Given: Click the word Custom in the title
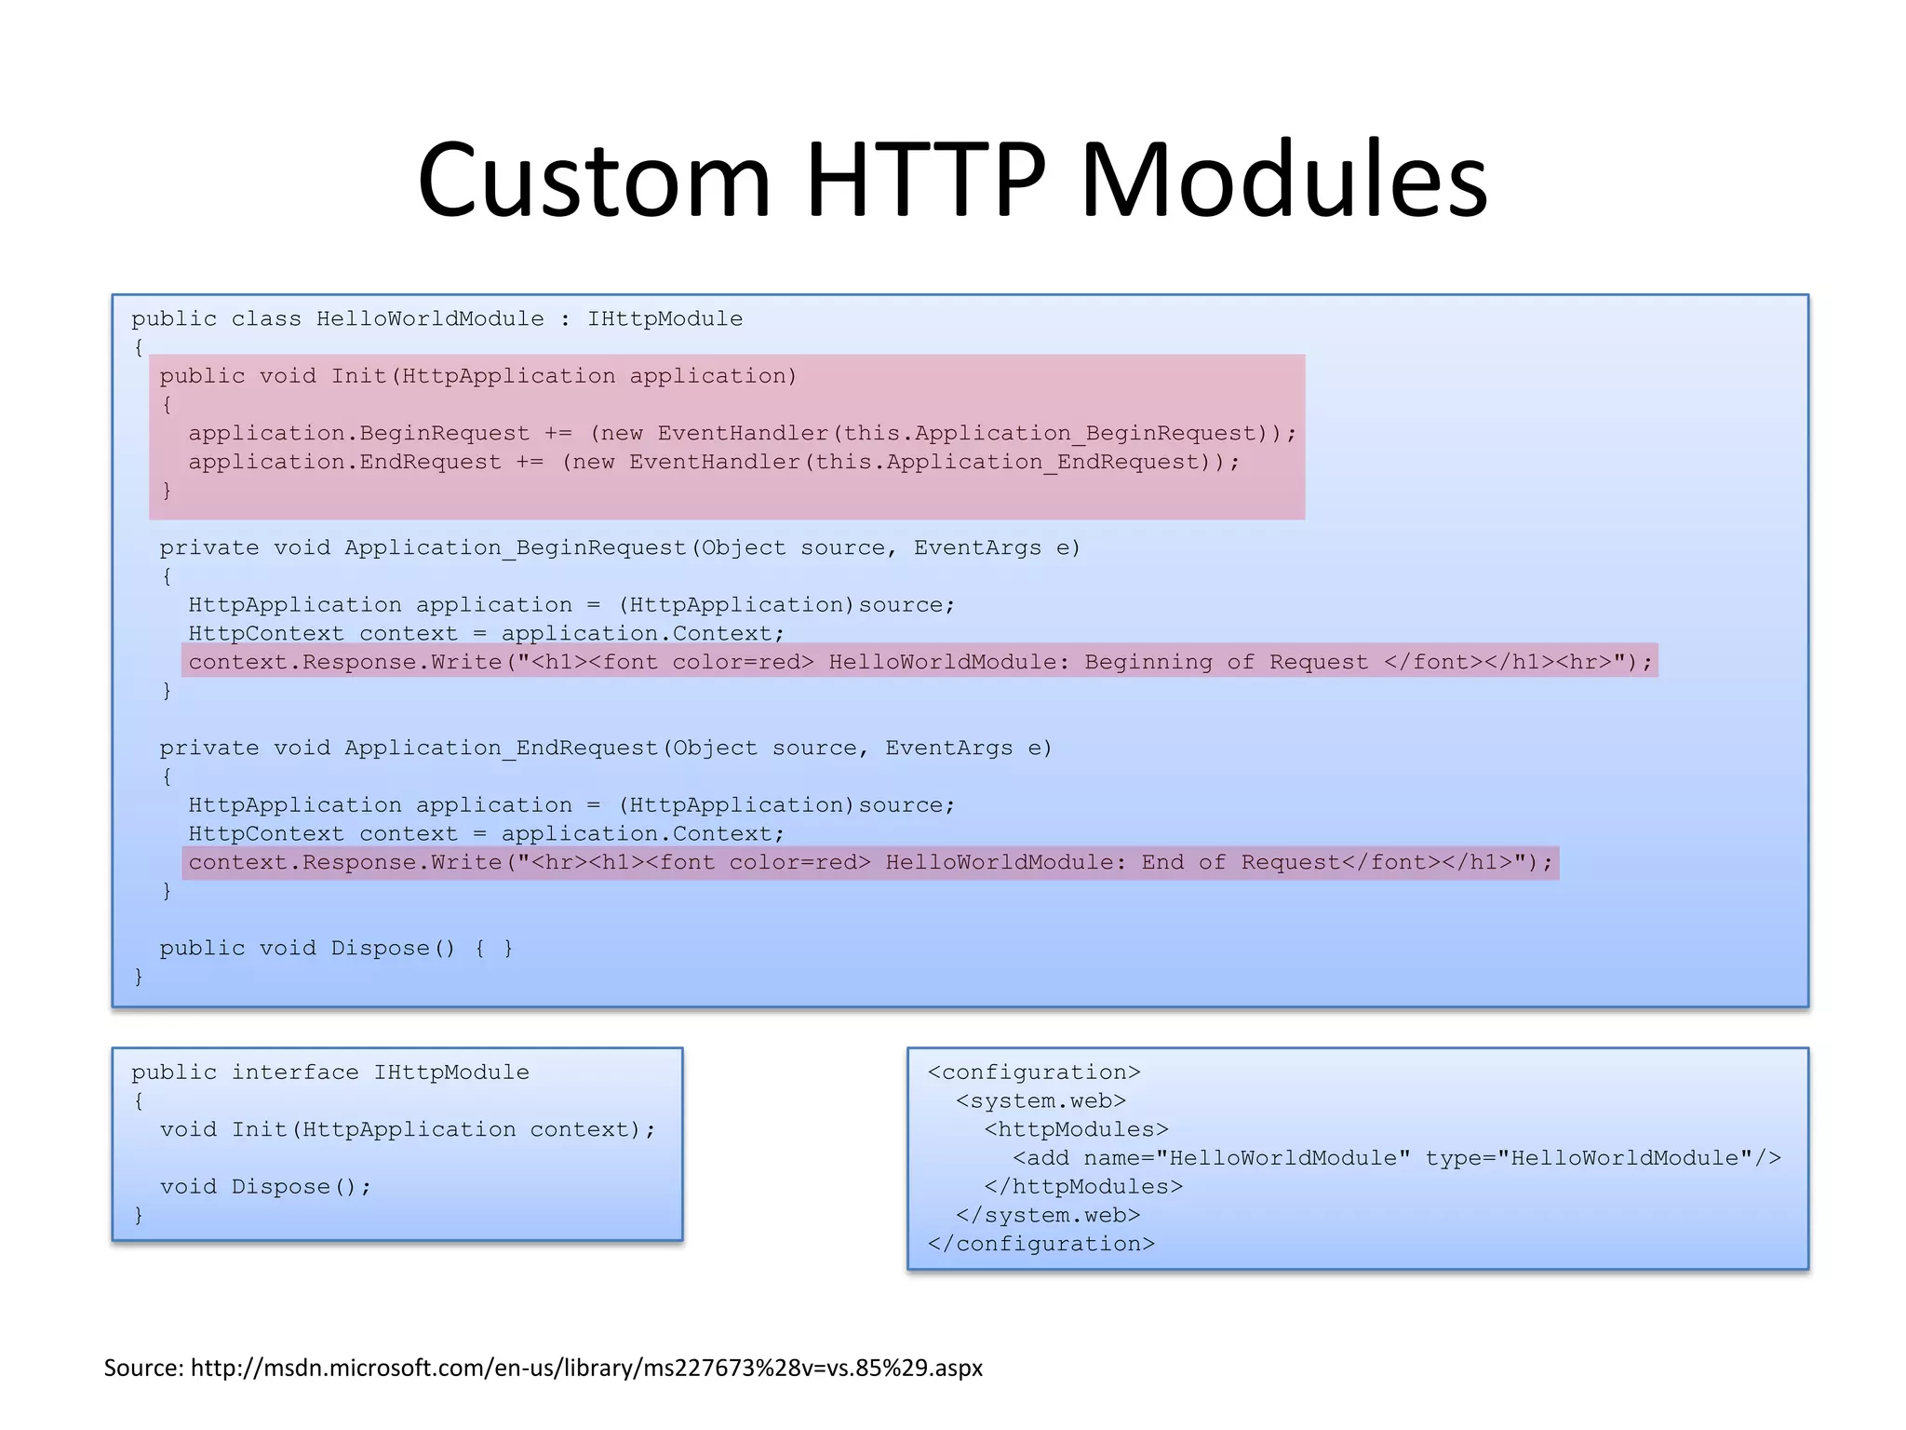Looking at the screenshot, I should point(594,180).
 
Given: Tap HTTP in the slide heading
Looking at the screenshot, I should point(926,180).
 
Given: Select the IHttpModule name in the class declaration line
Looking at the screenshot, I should point(664,319).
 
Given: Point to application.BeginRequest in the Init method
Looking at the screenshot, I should point(358,434).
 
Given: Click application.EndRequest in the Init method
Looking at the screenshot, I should point(344,463).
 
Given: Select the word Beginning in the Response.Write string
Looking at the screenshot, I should point(1148,663).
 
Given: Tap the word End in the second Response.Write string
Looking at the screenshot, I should point(1162,863).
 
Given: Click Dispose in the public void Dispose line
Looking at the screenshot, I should point(380,949).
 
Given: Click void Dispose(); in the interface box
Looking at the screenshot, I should point(265,1187).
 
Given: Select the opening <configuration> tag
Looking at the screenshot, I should point(1034,1072).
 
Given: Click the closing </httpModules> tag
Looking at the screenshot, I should point(1083,1187).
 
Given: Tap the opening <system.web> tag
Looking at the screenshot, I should point(1040,1101).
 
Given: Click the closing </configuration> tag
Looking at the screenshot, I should point(1040,1245).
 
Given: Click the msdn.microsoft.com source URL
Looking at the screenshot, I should point(586,1368).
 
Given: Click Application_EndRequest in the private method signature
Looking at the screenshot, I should point(501,749).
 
